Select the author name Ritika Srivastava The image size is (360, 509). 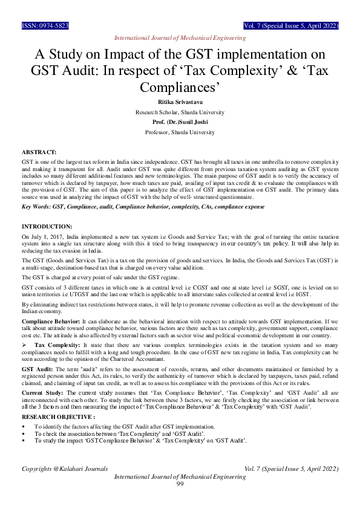tap(180, 103)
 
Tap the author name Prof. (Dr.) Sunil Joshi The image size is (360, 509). tap(180, 122)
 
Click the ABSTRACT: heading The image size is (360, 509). tap(39, 154)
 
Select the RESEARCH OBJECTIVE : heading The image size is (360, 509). tap(58, 417)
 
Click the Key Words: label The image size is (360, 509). tap(36, 207)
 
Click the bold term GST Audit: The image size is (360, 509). tap(37, 368)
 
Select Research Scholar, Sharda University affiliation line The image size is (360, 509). tap(180, 112)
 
